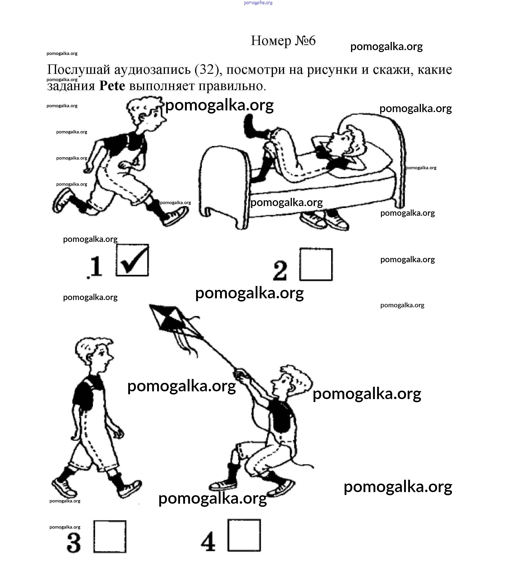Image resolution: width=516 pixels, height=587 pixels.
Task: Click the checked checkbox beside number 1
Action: (132, 260)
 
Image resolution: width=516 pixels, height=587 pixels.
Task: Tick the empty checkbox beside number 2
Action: (316, 264)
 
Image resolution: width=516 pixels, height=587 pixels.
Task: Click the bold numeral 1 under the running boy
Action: (96, 267)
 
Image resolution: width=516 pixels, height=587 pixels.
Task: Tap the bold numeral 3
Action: (74, 542)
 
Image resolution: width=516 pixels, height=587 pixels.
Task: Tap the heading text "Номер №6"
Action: (283, 40)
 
